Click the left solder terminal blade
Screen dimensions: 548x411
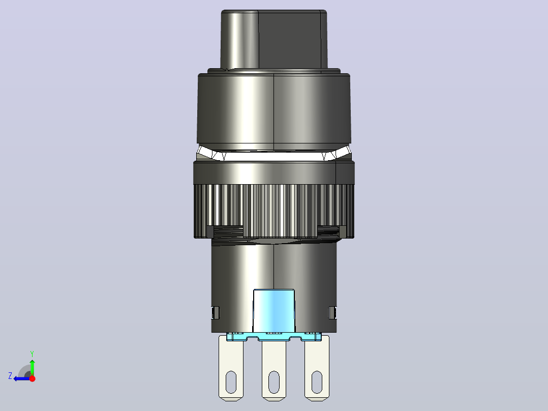[x=231, y=367]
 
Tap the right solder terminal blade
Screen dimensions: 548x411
[x=317, y=367]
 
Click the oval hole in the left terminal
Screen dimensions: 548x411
[x=231, y=383]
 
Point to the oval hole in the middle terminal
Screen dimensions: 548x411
[x=274, y=383]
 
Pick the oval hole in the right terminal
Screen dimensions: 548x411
[x=317, y=383]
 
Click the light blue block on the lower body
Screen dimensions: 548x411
[x=273, y=311]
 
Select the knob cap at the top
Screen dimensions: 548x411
[x=274, y=39]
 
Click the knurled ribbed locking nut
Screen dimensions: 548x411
[x=274, y=211]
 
